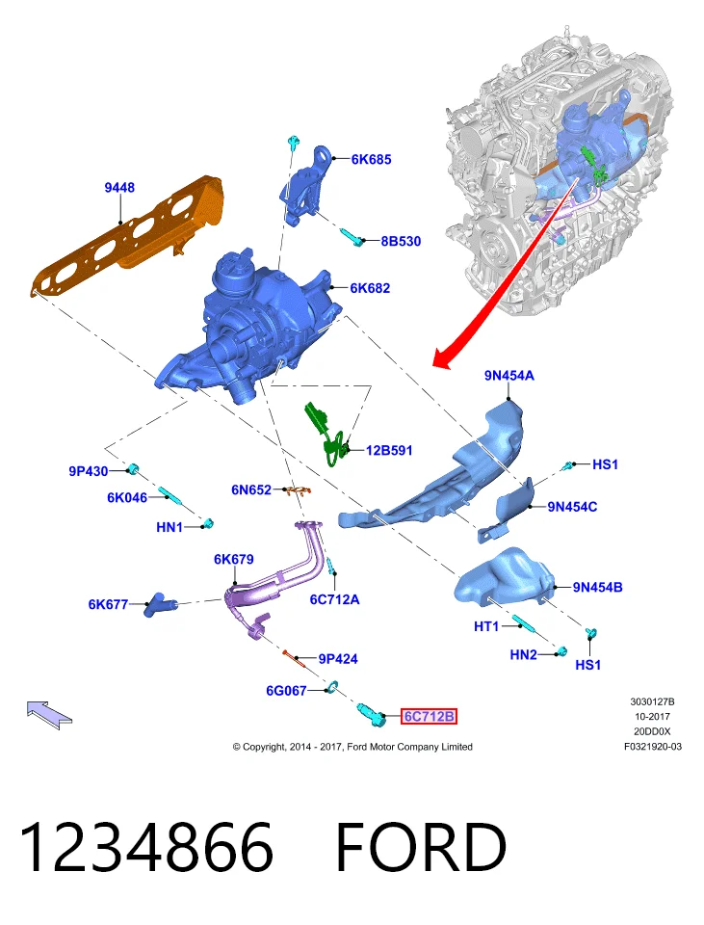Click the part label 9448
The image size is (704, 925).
point(119,188)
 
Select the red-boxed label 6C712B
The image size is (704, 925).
point(430,716)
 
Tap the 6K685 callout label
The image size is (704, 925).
point(371,159)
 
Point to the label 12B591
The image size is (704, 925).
point(389,451)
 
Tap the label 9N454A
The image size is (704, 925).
point(508,376)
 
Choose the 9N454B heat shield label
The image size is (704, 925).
point(597,587)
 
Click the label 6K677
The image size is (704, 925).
point(108,604)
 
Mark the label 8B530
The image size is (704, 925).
point(401,241)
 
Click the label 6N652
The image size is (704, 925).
point(251,489)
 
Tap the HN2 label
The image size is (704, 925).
point(523,655)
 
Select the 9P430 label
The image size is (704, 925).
point(89,471)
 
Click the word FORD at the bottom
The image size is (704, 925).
point(421,847)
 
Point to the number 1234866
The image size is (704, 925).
point(146,847)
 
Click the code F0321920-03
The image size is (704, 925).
point(653,746)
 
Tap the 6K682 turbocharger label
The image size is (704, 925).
point(370,288)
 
